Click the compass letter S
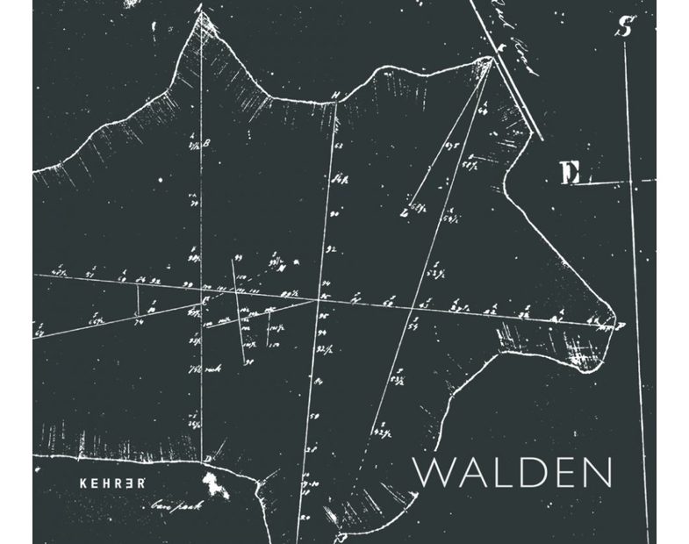[x=624, y=27]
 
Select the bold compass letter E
[x=571, y=174]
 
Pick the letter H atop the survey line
[x=334, y=96]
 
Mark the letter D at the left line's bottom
[x=206, y=458]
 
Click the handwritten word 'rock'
[x=212, y=369]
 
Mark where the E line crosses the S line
[x=634, y=183]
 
